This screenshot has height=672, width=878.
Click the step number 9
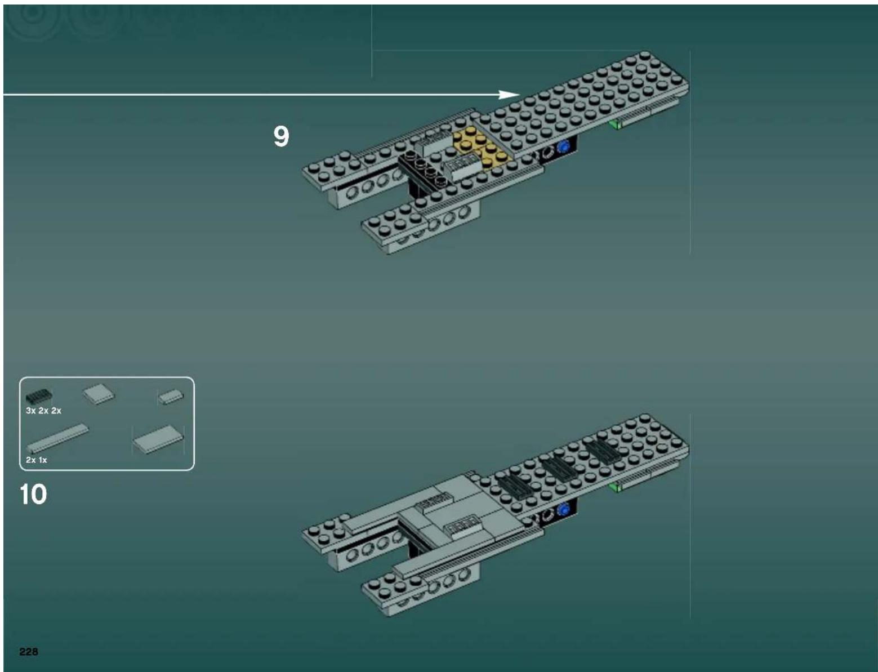[281, 137]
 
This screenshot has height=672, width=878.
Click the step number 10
[33, 495]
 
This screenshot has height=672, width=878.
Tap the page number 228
[29, 652]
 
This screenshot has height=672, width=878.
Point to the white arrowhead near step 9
[510, 95]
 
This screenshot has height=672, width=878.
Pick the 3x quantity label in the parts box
[30, 411]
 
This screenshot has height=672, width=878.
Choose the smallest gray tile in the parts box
[168, 398]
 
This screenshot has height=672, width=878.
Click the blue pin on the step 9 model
[562, 148]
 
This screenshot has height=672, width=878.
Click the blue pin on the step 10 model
[562, 510]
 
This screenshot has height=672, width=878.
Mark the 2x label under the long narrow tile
[30, 460]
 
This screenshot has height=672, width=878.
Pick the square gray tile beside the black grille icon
[99, 394]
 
